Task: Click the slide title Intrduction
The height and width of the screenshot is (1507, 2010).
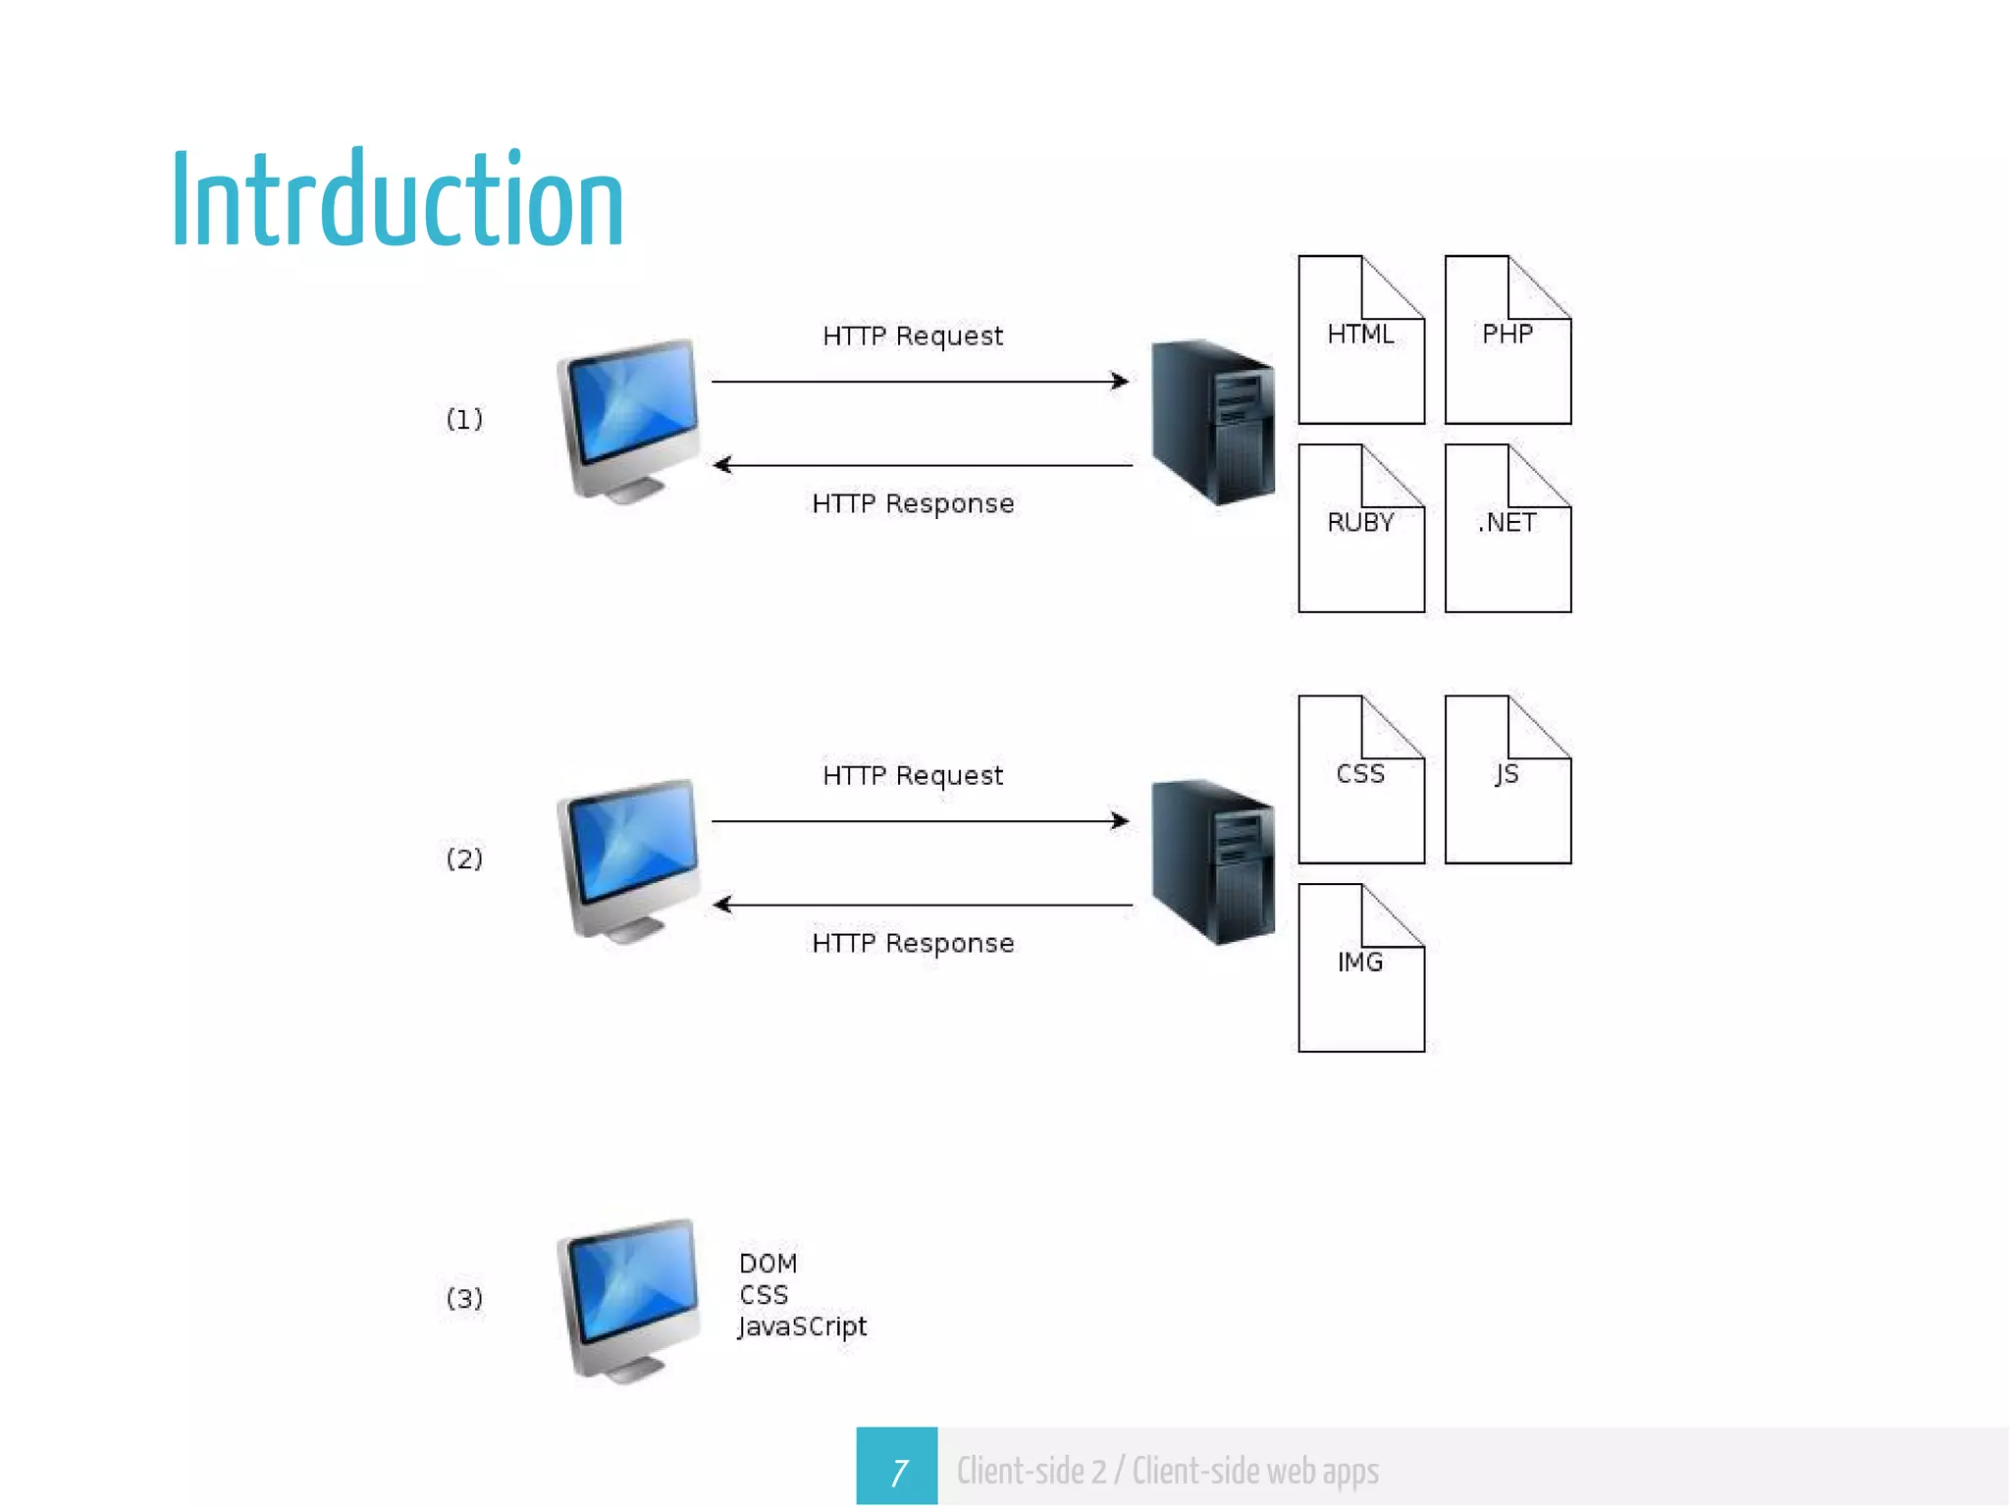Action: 397,200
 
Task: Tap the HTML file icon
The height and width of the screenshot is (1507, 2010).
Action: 1361,340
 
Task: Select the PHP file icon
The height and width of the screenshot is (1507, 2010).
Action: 1507,340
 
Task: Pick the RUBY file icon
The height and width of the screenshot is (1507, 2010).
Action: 1361,529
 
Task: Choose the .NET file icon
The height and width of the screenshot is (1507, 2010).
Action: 1507,529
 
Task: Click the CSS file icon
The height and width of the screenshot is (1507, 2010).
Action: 1361,780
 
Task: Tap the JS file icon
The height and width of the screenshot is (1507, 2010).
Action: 1507,780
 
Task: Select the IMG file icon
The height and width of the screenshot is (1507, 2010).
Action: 1361,968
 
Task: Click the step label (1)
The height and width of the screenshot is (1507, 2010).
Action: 464,420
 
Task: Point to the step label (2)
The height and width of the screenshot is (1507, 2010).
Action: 464,859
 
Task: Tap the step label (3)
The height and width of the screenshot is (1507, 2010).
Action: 464,1299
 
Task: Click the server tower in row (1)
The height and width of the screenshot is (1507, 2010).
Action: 1214,422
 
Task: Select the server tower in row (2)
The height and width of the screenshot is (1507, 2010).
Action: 1214,861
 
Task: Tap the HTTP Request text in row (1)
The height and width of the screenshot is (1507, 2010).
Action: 913,337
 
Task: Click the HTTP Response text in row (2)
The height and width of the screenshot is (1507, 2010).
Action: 913,944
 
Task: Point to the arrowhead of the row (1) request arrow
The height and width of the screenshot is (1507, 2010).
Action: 1121,381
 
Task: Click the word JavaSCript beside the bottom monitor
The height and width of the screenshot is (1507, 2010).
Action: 803,1327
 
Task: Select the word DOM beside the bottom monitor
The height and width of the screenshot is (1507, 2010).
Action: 767,1264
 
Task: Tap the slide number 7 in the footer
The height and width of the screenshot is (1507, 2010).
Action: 897,1471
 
